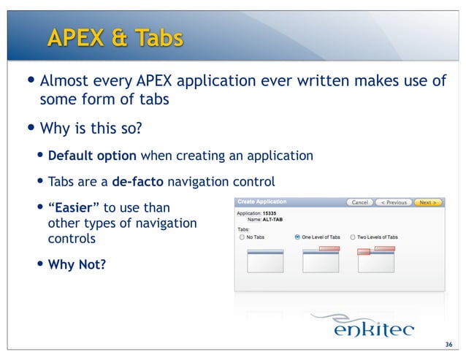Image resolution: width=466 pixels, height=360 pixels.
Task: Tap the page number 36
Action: (448, 345)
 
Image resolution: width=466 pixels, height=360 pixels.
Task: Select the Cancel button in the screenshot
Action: (359, 202)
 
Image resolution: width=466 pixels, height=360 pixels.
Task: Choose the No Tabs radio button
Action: (242, 237)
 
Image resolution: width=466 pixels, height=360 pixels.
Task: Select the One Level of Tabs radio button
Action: (297, 237)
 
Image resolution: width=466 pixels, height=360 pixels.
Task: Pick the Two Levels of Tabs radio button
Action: (352, 237)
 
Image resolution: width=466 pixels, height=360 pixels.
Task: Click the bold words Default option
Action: (92, 156)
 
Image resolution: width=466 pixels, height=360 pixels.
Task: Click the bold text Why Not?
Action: (76, 264)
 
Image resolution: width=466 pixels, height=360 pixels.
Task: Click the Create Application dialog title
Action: (261, 202)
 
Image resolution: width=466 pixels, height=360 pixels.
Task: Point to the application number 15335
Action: (269, 213)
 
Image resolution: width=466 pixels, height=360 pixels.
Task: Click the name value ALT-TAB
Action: (272, 219)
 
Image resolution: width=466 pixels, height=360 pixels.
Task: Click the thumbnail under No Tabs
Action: (264, 260)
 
